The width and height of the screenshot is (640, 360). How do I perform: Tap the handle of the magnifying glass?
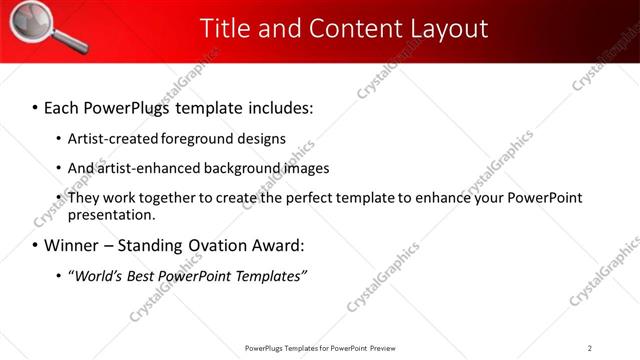pyautogui.click(x=66, y=43)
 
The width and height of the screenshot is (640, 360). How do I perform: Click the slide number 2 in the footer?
pyautogui.click(x=590, y=348)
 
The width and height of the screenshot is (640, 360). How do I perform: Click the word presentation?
pyautogui.click(x=111, y=215)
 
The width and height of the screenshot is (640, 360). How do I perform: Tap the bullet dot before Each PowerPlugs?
pyautogui.click(x=36, y=106)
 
